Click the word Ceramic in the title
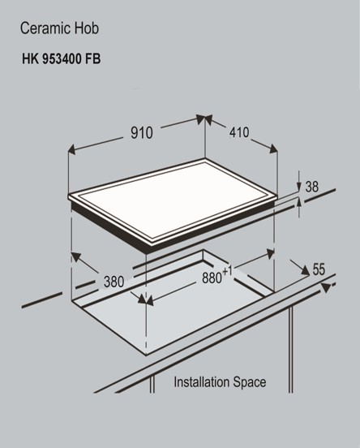[x=42, y=29]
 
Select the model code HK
[x=30, y=59]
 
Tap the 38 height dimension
[x=311, y=187]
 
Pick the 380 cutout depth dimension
[x=113, y=282]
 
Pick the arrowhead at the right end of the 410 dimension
[x=273, y=150]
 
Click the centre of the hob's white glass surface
[x=175, y=200]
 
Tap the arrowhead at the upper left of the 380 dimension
[x=75, y=258]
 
